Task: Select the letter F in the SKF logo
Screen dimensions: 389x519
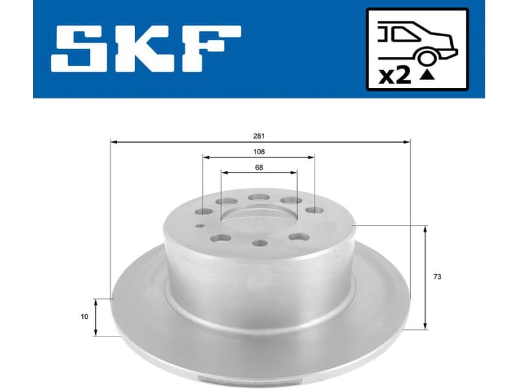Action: (x=210, y=51)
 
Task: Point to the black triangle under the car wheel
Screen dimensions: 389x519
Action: (x=427, y=75)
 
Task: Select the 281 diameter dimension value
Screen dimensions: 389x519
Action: (x=259, y=136)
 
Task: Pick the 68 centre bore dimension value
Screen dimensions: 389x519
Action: (x=259, y=167)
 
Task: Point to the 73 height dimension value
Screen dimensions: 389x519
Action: (x=437, y=277)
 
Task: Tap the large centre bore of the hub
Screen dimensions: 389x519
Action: (x=258, y=220)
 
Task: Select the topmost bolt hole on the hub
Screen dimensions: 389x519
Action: (x=259, y=197)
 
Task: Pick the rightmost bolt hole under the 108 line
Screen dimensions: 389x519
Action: (x=314, y=211)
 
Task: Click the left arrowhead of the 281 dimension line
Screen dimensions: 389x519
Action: (x=114, y=141)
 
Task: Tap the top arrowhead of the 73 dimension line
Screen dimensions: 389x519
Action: (x=426, y=229)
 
